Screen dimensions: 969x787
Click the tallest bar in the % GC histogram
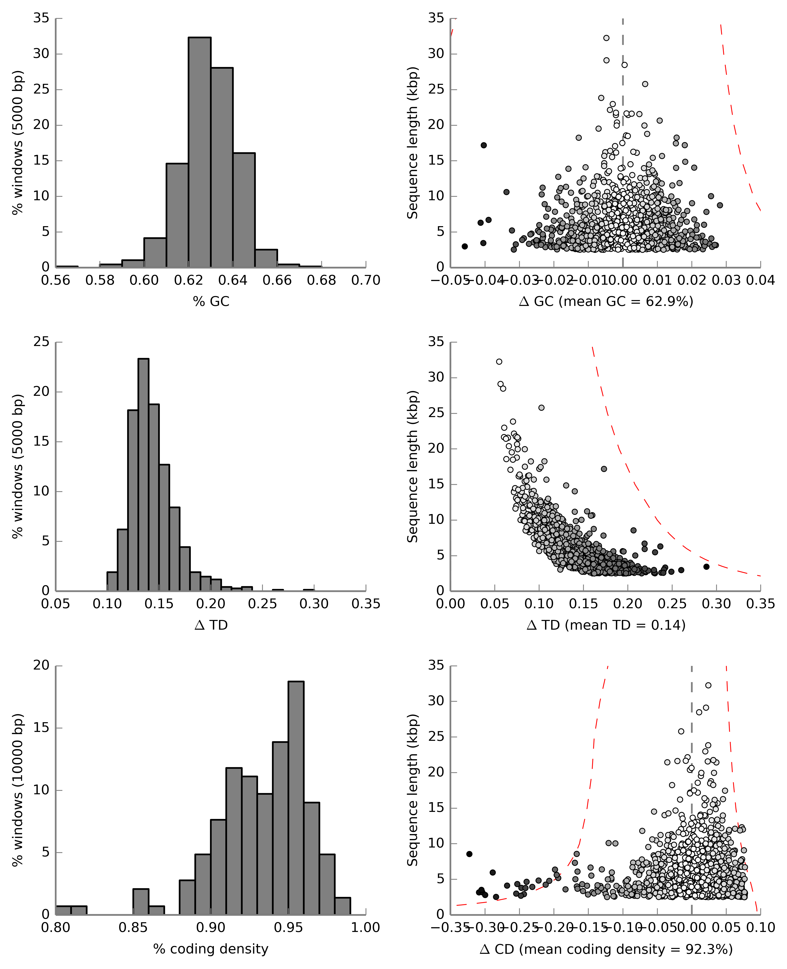(199, 152)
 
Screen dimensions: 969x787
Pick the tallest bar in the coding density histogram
(296, 798)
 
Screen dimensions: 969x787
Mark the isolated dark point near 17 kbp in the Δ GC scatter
(484, 145)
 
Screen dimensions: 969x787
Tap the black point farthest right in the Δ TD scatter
(706, 566)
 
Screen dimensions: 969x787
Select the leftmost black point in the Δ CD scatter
(469, 854)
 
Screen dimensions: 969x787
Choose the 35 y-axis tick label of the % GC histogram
(41, 18)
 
